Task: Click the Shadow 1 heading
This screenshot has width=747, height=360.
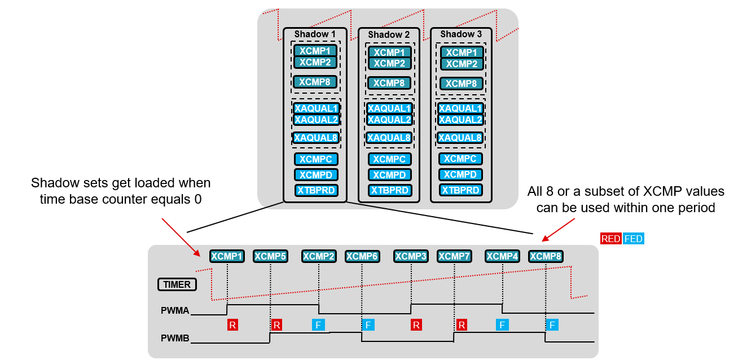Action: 315,34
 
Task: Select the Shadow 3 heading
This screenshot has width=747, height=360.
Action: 461,34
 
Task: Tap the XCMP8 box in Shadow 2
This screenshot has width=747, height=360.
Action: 389,83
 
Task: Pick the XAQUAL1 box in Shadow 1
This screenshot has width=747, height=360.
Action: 316,108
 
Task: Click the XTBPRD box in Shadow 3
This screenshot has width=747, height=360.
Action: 461,190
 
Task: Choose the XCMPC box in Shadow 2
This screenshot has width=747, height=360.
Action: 389,160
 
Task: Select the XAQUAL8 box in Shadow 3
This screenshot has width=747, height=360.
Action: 460,138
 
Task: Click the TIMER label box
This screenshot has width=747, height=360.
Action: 177,284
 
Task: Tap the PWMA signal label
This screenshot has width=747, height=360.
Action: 174,310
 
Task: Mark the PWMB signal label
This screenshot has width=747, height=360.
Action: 174,339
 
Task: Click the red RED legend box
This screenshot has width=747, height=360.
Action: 610,239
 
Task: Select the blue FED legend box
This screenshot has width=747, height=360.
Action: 633,239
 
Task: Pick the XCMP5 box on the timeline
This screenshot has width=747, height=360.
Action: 270,256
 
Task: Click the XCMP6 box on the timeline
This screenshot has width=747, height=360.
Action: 362,256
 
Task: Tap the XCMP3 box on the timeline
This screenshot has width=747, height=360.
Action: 411,256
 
